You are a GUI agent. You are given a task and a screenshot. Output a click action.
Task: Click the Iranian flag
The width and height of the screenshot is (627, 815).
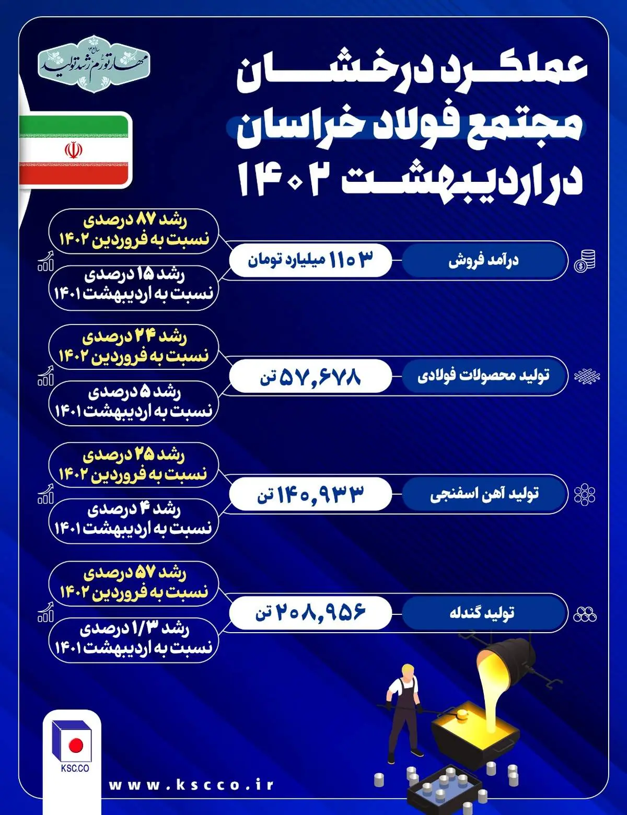pyautogui.click(x=74, y=150)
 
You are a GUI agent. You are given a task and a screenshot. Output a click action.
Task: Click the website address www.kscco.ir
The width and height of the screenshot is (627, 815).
pyautogui.click(x=191, y=785)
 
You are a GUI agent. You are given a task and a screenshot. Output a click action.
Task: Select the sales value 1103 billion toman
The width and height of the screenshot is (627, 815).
pyautogui.click(x=310, y=260)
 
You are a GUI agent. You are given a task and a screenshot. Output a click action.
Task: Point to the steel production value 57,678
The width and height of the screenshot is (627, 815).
pyautogui.click(x=310, y=376)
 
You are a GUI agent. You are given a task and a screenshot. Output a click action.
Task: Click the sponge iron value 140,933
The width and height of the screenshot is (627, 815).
pyautogui.click(x=310, y=494)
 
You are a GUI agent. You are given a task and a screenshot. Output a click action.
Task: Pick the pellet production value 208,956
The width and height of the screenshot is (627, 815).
pyautogui.click(x=310, y=612)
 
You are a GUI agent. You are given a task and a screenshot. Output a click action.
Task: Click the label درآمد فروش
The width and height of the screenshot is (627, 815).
pyautogui.click(x=484, y=260)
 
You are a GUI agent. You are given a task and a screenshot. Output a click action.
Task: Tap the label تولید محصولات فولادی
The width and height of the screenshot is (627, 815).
pyautogui.click(x=484, y=376)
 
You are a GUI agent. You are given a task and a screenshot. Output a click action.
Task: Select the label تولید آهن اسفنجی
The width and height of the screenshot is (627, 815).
pyautogui.click(x=484, y=494)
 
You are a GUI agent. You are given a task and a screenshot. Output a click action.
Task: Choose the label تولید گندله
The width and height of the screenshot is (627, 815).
pyautogui.click(x=484, y=612)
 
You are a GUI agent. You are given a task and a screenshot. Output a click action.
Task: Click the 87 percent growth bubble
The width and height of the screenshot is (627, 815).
pyautogui.click(x=134, y=231)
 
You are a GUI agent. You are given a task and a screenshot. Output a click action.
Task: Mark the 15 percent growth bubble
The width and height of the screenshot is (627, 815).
pyautogui.click(x=134, y=287)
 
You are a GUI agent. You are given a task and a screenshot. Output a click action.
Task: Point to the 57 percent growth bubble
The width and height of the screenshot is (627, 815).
pyautogui.click(x=134, y=583)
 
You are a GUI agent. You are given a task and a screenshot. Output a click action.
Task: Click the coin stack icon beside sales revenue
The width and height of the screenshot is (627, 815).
pyautogui.click(x=585, y=260)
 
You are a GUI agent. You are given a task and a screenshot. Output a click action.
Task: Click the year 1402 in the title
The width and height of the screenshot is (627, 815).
pyautogui.click(x=285, y=179)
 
